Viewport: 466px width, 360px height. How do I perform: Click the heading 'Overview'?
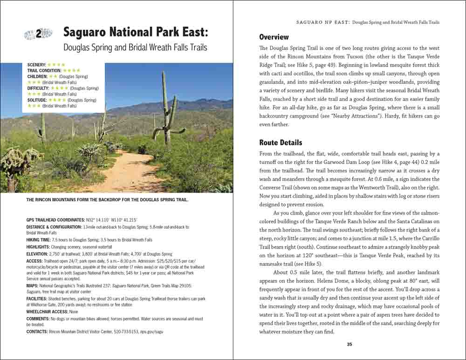click(x=274, y=37)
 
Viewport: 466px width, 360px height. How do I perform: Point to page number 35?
click(x=349, y=345)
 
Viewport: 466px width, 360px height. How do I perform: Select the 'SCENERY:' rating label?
click(x=36, y=64)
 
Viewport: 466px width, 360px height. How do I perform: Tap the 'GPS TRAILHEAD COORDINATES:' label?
click(x=55, y=219)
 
